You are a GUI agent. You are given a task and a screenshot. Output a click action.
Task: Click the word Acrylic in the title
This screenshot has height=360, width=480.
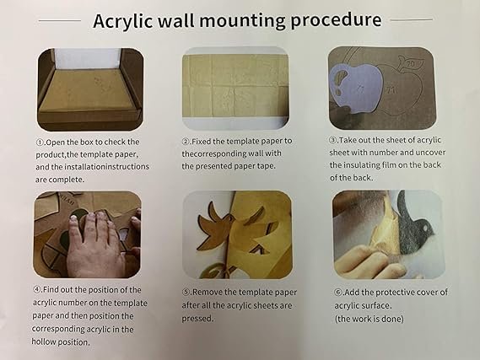tap(123, 21)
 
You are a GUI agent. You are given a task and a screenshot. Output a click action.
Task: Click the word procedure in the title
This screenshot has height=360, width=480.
tap(336, 20)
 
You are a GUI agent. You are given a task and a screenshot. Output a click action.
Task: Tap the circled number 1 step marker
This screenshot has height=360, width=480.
tap(40, 142)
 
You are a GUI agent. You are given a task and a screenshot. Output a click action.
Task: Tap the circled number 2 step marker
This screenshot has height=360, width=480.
tap(186, 142)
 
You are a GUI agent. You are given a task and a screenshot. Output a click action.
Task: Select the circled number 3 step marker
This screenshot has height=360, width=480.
tap(332, 140)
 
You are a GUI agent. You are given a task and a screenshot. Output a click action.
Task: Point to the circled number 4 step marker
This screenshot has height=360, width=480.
tap(37, 289)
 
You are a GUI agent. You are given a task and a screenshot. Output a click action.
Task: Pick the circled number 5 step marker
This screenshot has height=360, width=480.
tap(186, 293)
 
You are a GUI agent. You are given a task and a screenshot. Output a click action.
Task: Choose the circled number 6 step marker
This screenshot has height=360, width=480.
tap(338, 293)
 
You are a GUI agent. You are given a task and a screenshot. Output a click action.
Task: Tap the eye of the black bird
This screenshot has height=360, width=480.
tap(423, 228)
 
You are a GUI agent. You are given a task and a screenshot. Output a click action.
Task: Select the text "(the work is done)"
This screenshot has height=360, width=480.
tap(369, 319)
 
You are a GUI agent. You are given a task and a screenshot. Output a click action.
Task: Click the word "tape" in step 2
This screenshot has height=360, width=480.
tap(265, 166)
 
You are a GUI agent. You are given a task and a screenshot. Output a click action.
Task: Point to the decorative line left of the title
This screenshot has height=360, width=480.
tap(60, 20)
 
